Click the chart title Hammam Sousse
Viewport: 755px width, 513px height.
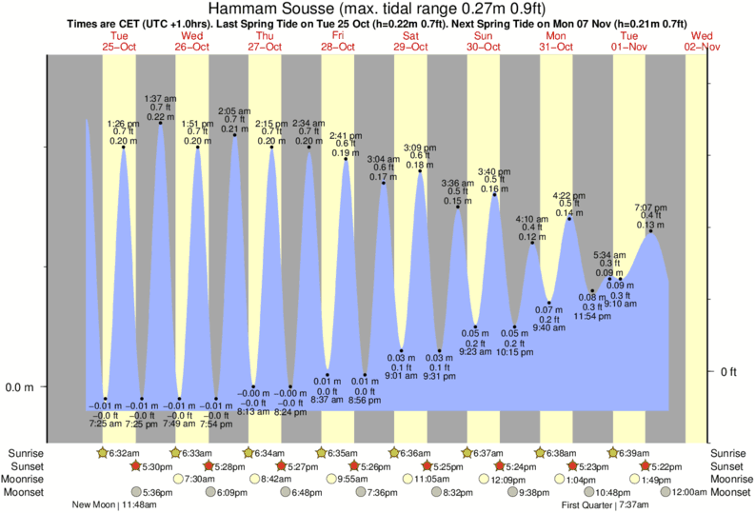[x=377, y=9]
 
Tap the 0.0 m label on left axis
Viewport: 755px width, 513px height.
[x=21, y=387]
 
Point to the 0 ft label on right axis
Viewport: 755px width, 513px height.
[x=730, y=371]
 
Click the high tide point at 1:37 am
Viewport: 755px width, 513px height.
[x=160, y=123]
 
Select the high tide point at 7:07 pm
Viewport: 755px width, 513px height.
[x=651, y=230]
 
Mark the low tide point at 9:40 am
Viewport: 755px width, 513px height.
[x=549, y=303]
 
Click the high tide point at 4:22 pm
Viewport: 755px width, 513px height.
[x=569, y=219]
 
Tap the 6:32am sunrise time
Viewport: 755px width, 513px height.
[x=125, y=453]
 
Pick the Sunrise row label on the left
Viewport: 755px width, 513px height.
[x=26, y=453]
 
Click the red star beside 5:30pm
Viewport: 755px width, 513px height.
[x=135, y=466]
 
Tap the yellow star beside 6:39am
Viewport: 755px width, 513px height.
[x=614, y=453]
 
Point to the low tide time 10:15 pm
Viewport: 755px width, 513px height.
[x=515, y=352]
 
